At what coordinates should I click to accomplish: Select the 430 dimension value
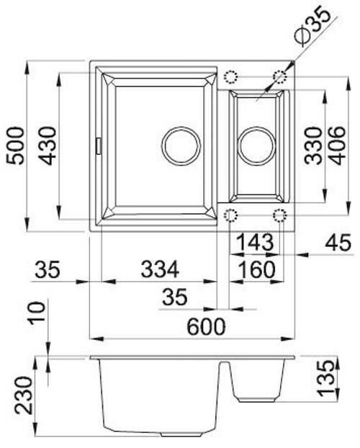48,146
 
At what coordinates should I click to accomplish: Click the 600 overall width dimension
206,326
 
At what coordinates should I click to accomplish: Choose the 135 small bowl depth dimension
328,376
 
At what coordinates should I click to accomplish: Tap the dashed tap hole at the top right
279,76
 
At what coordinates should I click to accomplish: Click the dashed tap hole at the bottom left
231,215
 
